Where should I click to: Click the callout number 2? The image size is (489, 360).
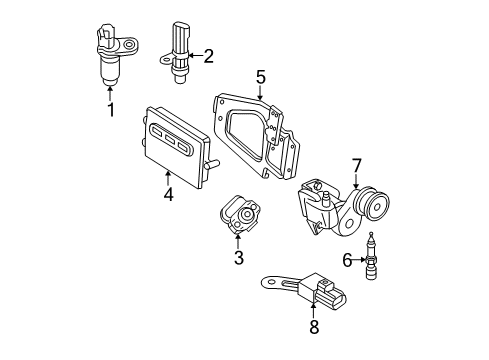(x=208, y=57)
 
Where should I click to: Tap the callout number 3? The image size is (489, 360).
(x=238, y=259)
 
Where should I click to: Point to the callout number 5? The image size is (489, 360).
(x=260, y=76)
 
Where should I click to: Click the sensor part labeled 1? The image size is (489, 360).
(x=111, y=55)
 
